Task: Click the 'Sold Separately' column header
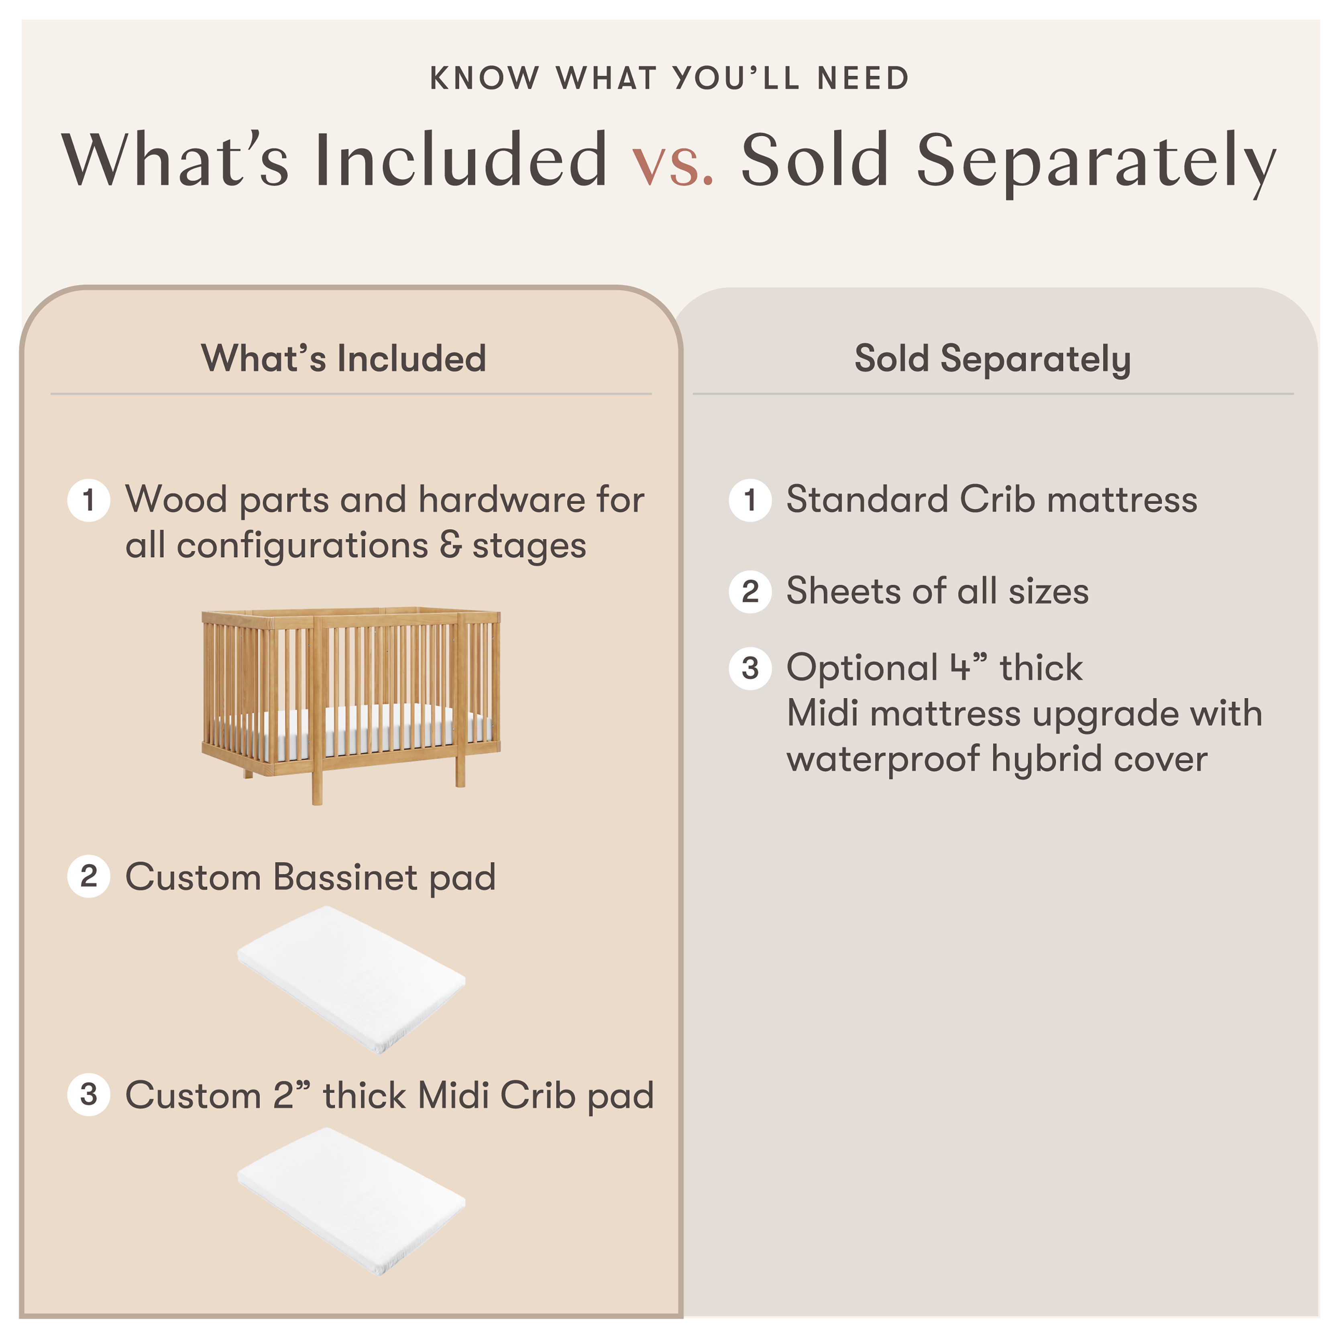pyautogui.click(x=992, y=359)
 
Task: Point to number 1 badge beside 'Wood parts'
pyautogui.click(x=89, y=500)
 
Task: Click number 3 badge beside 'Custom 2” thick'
pyautogui.click(x=89, y=1094)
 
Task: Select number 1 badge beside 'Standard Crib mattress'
pyautogui.click(x=750, y=500)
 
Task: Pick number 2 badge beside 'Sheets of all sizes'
pyautogui.click(x=750, y=591)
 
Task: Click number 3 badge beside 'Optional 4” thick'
pyautogui.click(x=750, y=668)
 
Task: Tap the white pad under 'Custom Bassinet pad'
pyautogui.click(x=351, y=979)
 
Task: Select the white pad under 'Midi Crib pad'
pyautogui.click(x=351, y=1201)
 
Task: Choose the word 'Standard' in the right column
pyautogui.click(x=867, y=499)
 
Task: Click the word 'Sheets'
pyautogui.click(x=843, y=591)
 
